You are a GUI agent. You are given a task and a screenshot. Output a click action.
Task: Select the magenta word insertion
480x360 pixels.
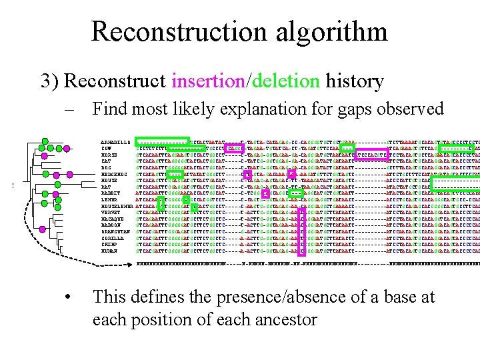tap(208, 82)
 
